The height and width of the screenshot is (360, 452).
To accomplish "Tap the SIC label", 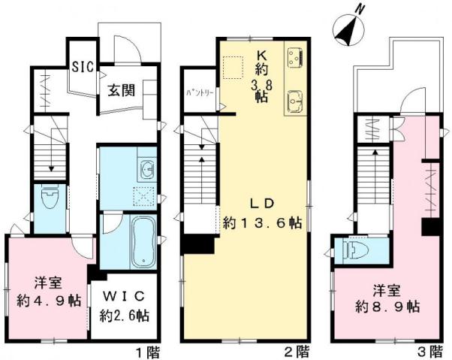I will [83, 66].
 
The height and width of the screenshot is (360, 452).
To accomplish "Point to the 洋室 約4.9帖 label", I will [47, 292].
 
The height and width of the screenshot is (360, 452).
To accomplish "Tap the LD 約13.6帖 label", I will [262, 213].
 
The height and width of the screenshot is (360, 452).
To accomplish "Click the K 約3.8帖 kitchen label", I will [262, 75].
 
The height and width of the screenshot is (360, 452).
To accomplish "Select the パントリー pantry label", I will [199, 94].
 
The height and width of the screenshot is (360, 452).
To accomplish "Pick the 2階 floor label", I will [297, 350].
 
